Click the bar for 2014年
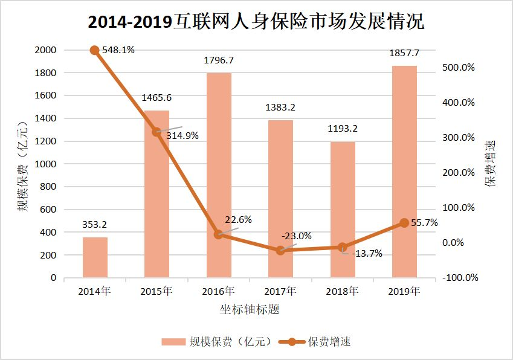tap(95, 257)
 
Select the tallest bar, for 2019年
tap(404, 172)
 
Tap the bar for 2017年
tap(280, 199)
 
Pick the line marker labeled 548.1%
tap(95, 50)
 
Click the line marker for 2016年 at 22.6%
tap(219, 234)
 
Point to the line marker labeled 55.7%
tap(404, 223)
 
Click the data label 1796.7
tap(219, 60)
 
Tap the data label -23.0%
tap(297, 236)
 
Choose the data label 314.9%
tap(183, 136)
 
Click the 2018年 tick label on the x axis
tap(343, 291)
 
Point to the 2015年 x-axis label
tap(156, 291)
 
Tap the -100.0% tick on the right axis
tap(460, 278)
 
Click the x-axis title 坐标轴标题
tap(250, 309)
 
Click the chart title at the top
tap(256, 22)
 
